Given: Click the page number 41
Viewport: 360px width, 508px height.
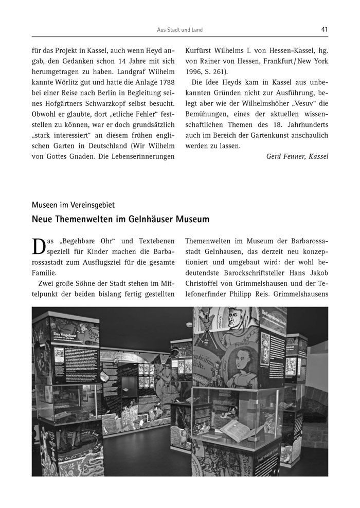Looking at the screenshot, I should [325, 29].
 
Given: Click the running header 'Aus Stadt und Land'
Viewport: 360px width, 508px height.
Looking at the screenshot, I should [179, 30].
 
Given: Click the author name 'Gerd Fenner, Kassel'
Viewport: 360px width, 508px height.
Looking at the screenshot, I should [297, 156].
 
